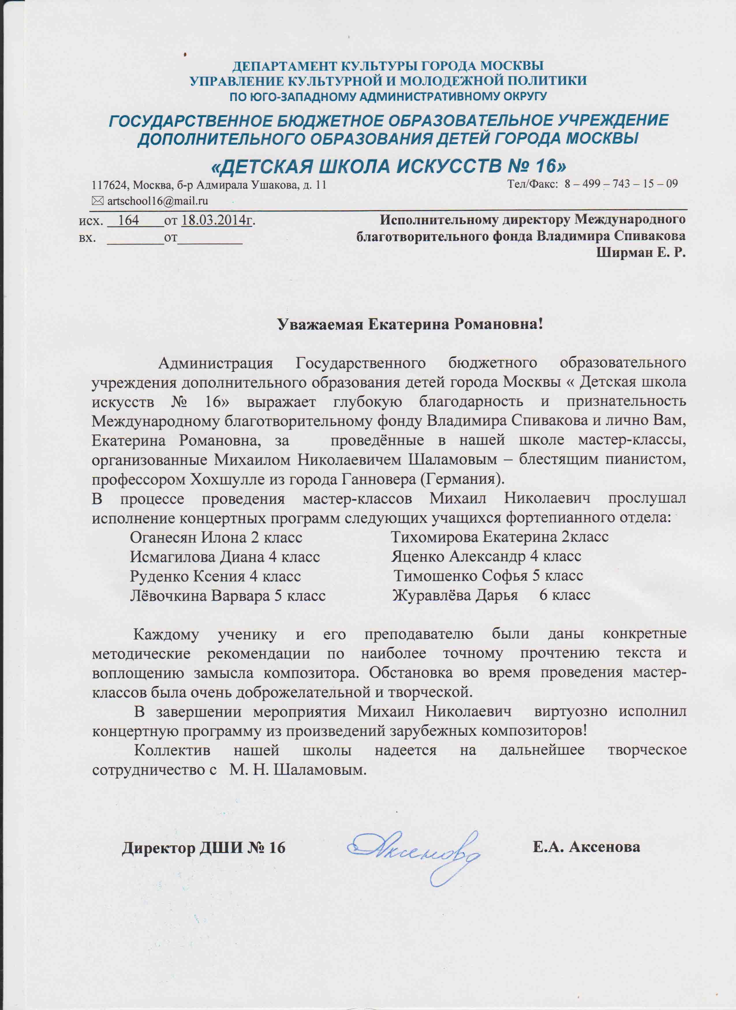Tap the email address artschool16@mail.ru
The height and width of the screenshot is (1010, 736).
click(x=158, y=201)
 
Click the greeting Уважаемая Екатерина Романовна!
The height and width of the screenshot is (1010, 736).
click(x=410, y=324)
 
